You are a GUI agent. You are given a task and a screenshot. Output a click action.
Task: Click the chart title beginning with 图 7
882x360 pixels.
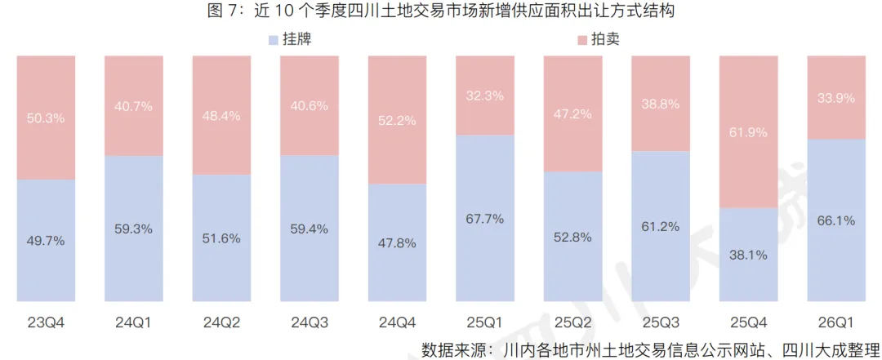(441, 11)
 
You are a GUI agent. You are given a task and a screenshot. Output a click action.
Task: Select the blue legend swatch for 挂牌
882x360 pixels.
(272, 39)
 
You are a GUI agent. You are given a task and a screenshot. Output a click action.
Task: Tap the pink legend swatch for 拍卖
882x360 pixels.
(581, 39)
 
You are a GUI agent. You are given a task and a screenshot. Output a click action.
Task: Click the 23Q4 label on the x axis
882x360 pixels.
(46, 322)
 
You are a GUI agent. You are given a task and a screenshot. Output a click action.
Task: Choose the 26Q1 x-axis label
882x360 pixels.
(835, 322)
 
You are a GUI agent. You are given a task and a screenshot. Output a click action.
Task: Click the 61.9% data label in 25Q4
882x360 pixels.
(748, 132)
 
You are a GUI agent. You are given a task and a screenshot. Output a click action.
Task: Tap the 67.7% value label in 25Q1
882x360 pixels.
(485, 219)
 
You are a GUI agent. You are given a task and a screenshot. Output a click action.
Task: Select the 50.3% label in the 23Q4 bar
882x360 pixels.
(46, 118)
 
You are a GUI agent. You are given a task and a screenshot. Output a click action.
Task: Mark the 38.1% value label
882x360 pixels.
(748, 255)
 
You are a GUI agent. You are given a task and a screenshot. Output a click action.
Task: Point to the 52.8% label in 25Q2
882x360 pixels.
(572, 238)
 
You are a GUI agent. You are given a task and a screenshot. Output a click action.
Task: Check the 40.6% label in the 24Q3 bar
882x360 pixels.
(309, 105)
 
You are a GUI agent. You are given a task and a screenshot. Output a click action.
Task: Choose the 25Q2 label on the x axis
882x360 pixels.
(572, 322)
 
